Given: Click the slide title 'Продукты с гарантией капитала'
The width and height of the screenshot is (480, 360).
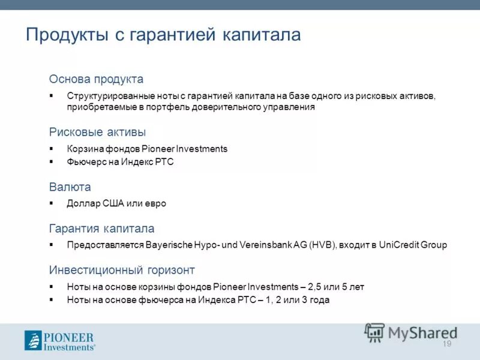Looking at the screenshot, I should (163, 35).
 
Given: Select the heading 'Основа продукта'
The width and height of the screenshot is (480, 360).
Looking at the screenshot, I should (96, 79).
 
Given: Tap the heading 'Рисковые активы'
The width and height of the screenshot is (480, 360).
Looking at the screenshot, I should (97, 132).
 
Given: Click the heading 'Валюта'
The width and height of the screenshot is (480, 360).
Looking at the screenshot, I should (70, 187).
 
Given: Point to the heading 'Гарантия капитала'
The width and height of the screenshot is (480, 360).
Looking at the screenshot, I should (101, 229).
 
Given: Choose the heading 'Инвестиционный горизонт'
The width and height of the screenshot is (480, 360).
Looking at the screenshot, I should (122, 270).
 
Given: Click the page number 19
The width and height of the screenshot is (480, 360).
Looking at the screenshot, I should (446, 343).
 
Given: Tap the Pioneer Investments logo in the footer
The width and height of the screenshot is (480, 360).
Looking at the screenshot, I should (59, 340).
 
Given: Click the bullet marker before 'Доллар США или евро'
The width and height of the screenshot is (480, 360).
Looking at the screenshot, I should (52, 203).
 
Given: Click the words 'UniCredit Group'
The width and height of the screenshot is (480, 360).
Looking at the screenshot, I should (413, 245).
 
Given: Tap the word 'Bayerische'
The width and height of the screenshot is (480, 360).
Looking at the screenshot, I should (168, 245).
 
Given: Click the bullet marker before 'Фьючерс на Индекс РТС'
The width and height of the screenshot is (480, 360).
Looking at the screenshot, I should (52, 162).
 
